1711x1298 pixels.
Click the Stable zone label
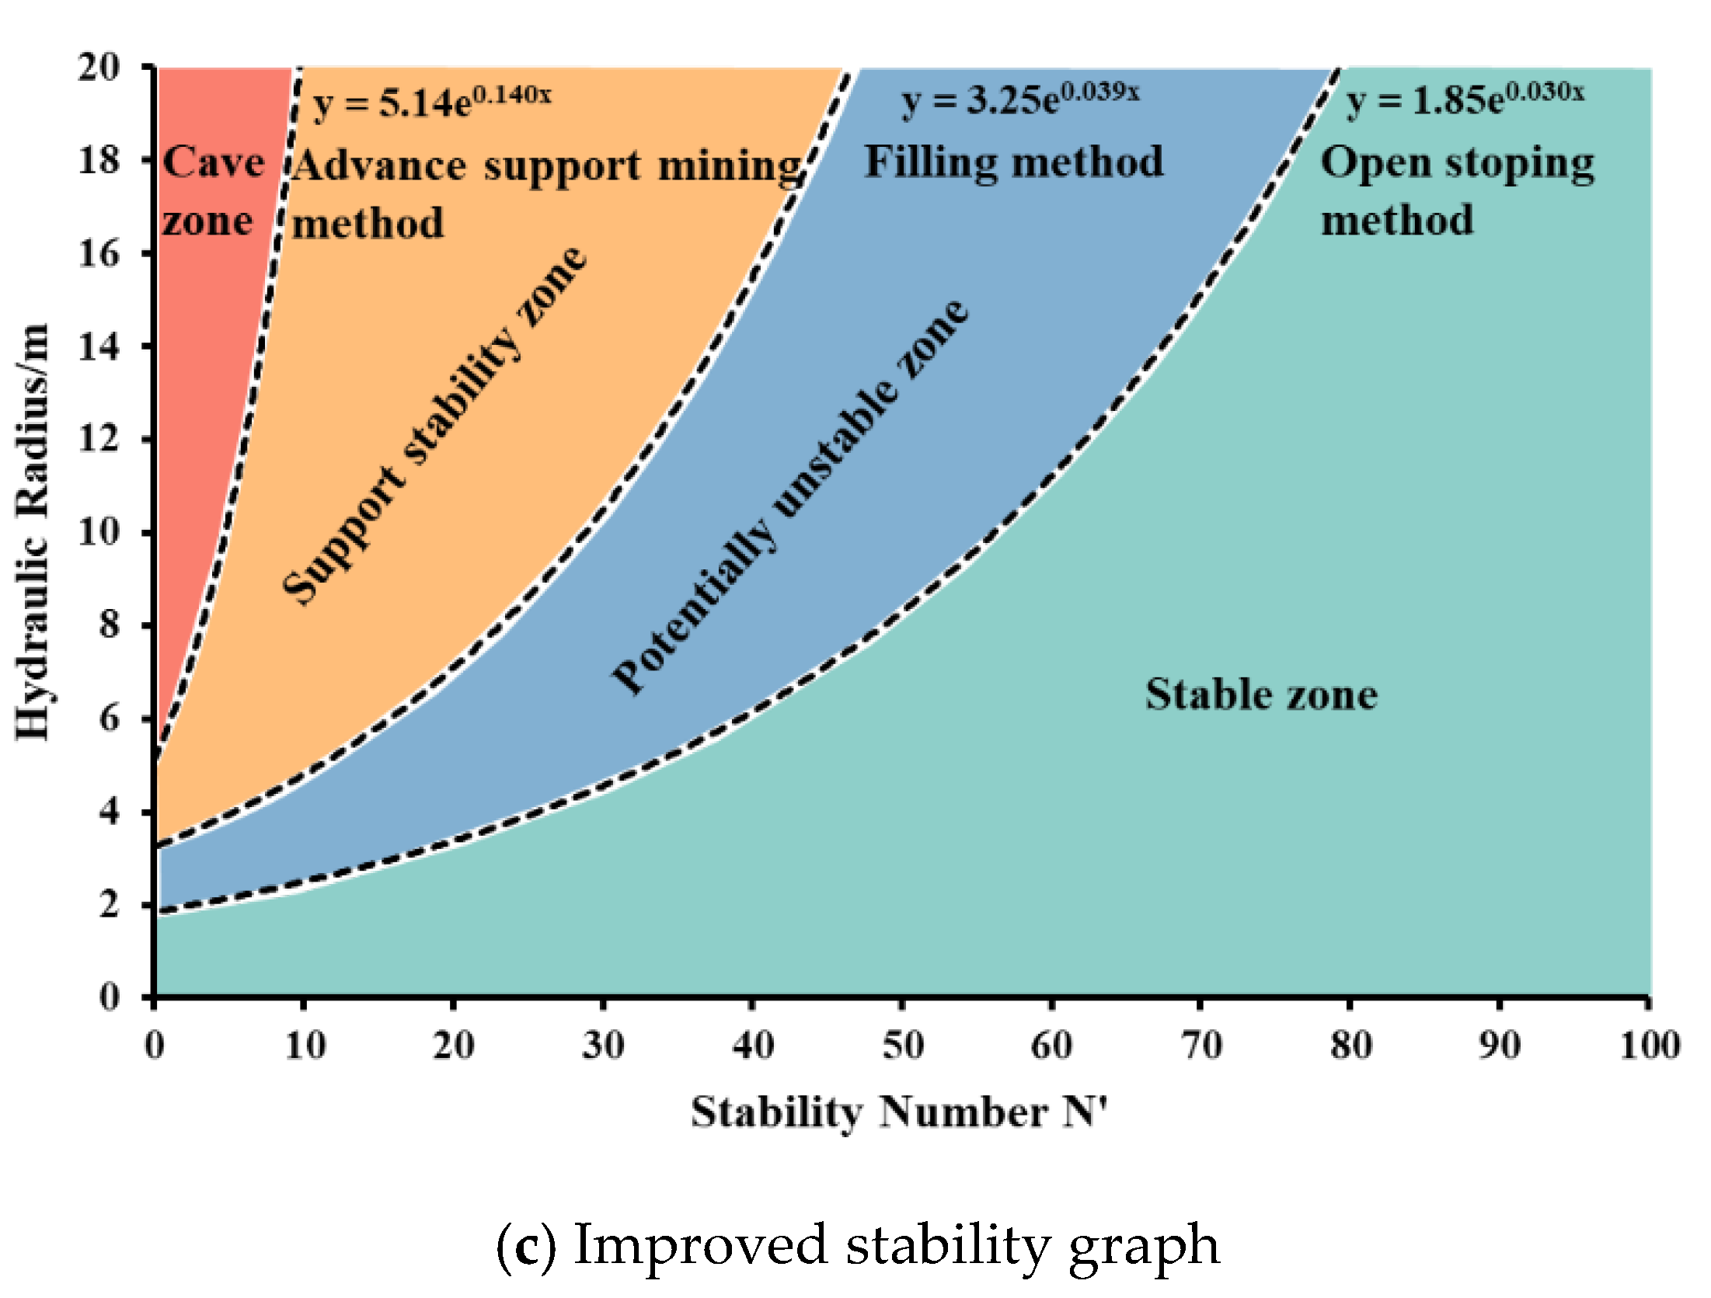click(x=1261, y=694)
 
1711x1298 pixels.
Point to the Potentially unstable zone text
click(x=790, y=497)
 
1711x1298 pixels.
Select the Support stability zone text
click(x=434, y=426)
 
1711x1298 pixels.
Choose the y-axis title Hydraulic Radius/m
click(x=33, y=532)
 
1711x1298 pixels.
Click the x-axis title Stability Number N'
click(x=899, y=1112)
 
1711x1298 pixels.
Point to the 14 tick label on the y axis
click(x=99, y=346)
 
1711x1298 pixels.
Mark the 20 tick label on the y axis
click(x=99, y=68)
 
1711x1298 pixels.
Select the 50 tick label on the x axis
click(x=903, y=1046)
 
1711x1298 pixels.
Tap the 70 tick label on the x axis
click(x=1201, y=1046)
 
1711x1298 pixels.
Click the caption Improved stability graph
click(x=896, y=1245)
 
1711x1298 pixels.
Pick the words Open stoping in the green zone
click(x=1458, y=164)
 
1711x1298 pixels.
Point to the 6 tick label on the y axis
click(x=109, y=719)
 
